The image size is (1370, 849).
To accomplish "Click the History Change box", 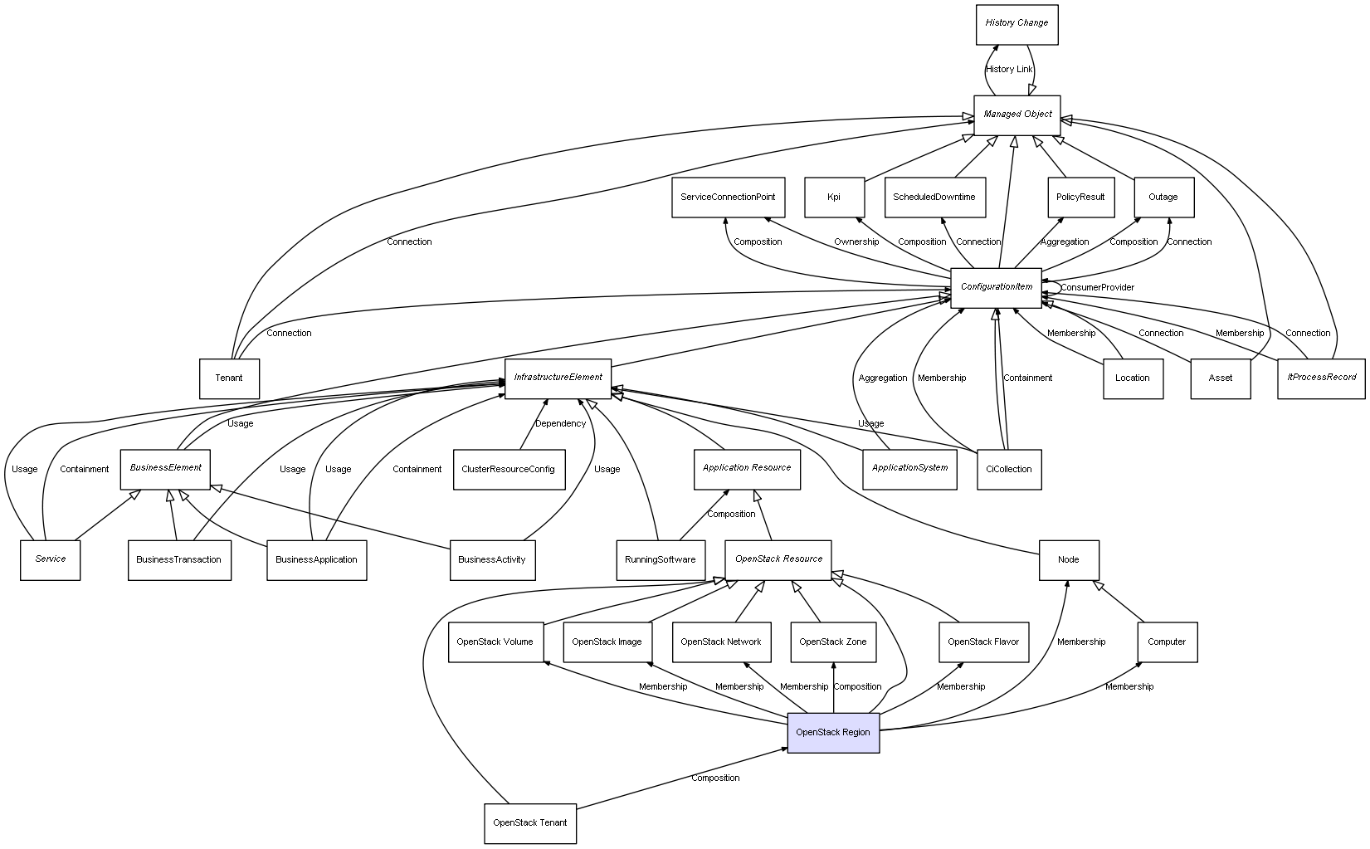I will click(1017, 23).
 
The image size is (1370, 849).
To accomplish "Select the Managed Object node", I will click(1017, 115).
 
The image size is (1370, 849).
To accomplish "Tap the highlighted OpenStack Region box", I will click(832, 732).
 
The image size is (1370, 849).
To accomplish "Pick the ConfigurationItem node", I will click(996, 287).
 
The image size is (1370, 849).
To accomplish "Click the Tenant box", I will click(229, 378).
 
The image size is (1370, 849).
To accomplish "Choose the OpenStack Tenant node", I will click(529, 823).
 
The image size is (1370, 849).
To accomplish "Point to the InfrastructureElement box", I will click(558, 378).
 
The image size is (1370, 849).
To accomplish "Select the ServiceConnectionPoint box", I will click(728, 198).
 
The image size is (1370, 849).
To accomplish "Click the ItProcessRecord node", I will click(1321, 378).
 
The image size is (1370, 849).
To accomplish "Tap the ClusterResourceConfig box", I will click(509, 470).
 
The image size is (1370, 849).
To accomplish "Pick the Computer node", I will click(1167, 642).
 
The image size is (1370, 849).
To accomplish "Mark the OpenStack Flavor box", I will click(983, 642).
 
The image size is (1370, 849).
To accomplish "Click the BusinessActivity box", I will click(492, 560).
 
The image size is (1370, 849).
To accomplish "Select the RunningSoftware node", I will click(661, 560).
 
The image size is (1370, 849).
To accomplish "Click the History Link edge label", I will click(1009, 70).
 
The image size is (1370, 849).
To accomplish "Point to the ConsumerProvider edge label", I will click(1097, 288).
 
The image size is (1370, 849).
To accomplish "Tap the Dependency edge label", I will click(560, 424).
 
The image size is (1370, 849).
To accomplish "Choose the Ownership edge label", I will click(856, 242).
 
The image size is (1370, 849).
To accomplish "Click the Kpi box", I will click(834, 198).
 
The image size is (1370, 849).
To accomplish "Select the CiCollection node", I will click(1009, 470).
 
